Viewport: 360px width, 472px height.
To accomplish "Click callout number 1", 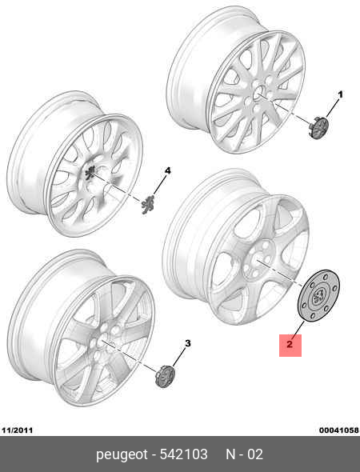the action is pyautogui.click(x=340, y=95).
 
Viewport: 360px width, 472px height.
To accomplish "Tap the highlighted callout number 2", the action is pyautogui.click(x=290, y=344).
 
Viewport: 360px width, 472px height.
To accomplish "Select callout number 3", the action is pyautogui.click(x=187, y=343).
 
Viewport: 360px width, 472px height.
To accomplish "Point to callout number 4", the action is pyautogui.click(x=167, y=171).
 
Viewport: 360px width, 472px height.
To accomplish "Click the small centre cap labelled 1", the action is pyautogui.click(x=318, y=128).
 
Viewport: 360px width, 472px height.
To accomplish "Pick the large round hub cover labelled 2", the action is pyautogui.click(x=318, y=296).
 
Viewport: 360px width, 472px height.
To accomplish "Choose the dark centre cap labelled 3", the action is pyautogui.click(x=165, y=376).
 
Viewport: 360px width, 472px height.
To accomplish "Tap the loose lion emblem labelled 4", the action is pyautogui.click(x=148, y=204).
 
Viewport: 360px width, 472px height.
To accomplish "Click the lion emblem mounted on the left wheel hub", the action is pyautogui.click(x=90, y=172).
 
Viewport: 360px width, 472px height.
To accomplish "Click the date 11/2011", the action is pyautogui.click(x=17, y=430).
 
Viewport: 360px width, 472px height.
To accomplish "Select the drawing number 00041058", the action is pyautogui.click(x=339, y=430).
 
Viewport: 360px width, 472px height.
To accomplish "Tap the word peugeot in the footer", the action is pyautogui.click(x=122, y=454).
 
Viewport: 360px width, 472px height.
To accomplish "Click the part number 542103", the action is pyautogui.click(x=183, y=454).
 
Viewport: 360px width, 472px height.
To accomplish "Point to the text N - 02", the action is pyautogui.click(x=245, y=454).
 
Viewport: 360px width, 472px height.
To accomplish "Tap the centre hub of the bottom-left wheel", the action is pyautogui.click(x=102, y=340).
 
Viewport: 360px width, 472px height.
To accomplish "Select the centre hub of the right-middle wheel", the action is pyautogui.click(x=258, y=260).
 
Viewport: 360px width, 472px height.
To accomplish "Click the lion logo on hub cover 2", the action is pyautogui.click(x=318, y=296).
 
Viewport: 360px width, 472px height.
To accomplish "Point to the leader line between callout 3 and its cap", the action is pyautogui.click(x=180, y=357).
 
